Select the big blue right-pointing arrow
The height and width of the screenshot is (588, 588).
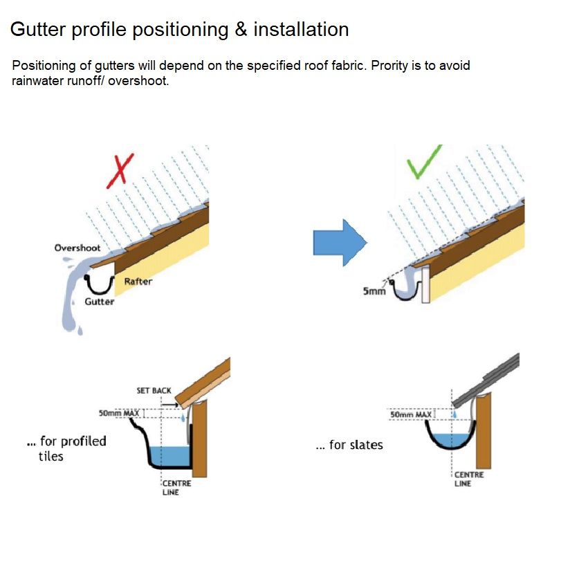pyautogui.click(x=339, y=242)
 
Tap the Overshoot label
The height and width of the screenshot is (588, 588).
pyautogui.click(x=77, y=248)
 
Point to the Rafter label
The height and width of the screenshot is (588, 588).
pyautogui.click(x=138, y=282)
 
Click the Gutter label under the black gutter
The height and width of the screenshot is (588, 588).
pyautogui.click(x=100, y=302)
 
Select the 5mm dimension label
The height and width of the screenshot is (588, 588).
pyautogui.click(x=374, y=292)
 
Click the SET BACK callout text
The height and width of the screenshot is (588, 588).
pyautogui.click(x=154, y=391)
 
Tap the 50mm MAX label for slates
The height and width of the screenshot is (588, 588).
pyautogui.click(x=411, y=415)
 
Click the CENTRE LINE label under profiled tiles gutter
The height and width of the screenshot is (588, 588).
pyautogui.click(x=176, y=488)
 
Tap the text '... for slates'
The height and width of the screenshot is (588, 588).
pyautogui.click(x=349, y=445)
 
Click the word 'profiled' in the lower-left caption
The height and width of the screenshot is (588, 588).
pyautogui.click(x=83, y=441)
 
